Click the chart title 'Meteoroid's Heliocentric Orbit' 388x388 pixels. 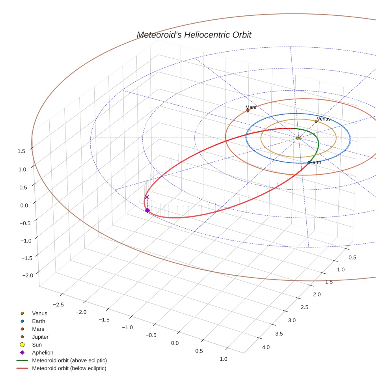click(194, 35)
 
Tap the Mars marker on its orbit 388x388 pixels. click(248, 110)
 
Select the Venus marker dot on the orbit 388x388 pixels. click(316, 121)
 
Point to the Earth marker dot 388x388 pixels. click(309, 163)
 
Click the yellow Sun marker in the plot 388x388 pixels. click(298, 138)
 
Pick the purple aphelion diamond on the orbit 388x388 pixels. click(147, 210)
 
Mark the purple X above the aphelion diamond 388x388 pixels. click(147, 197)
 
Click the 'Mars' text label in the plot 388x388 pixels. click(251, 107)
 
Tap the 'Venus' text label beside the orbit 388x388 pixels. click(324, 119)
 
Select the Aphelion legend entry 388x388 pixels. click(42, 353)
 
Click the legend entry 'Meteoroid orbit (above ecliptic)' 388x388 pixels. click(69, 360)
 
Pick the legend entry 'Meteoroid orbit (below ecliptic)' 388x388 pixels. click(69, 368)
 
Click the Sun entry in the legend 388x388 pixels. click(37, 345)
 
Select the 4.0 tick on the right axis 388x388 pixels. click(266, 347)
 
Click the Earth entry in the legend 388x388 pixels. click(38, 321)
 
